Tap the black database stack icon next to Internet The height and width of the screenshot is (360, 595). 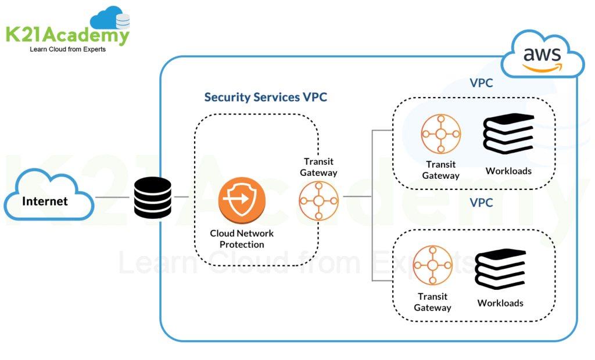pyautogui.click(x=152, y=197)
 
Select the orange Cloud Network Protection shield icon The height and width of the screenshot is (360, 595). pyautogui.click(x=242, y=199)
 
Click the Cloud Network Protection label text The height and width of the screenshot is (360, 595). pyautogui.click(x=242, y=239)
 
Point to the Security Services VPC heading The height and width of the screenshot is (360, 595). pyautogui.click(x=266, y=97)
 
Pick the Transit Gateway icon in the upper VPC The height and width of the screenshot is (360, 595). pyautogui.click(x=440, y=134)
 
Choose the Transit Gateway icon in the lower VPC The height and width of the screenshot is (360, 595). pyautogui.click(x=432, y=266)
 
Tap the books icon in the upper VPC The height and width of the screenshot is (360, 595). pyautogui.click(x=508, y=134)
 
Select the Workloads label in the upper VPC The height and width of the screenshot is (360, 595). pyautogui.click(x=508, y=171)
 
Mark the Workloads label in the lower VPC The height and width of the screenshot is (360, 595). pyautogui.click(x=500, y=303)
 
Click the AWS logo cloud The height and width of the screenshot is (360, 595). pyautogui.click(x=542, y=57)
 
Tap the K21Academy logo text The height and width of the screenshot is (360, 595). pyautogui.click(x=67, y=35)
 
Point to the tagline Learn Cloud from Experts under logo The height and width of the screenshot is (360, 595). pyautogui.click(x=67, y=50)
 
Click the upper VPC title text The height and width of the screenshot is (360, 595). pyautogui.click(x=481, y=83)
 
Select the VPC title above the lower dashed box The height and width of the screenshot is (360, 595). pyautogui.click(x=481, y=203)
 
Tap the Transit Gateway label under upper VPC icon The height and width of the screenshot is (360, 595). pyautogui.click(x=440, y=170)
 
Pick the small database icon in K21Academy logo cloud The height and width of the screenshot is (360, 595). pyautogui.click(x=123, y=21)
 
